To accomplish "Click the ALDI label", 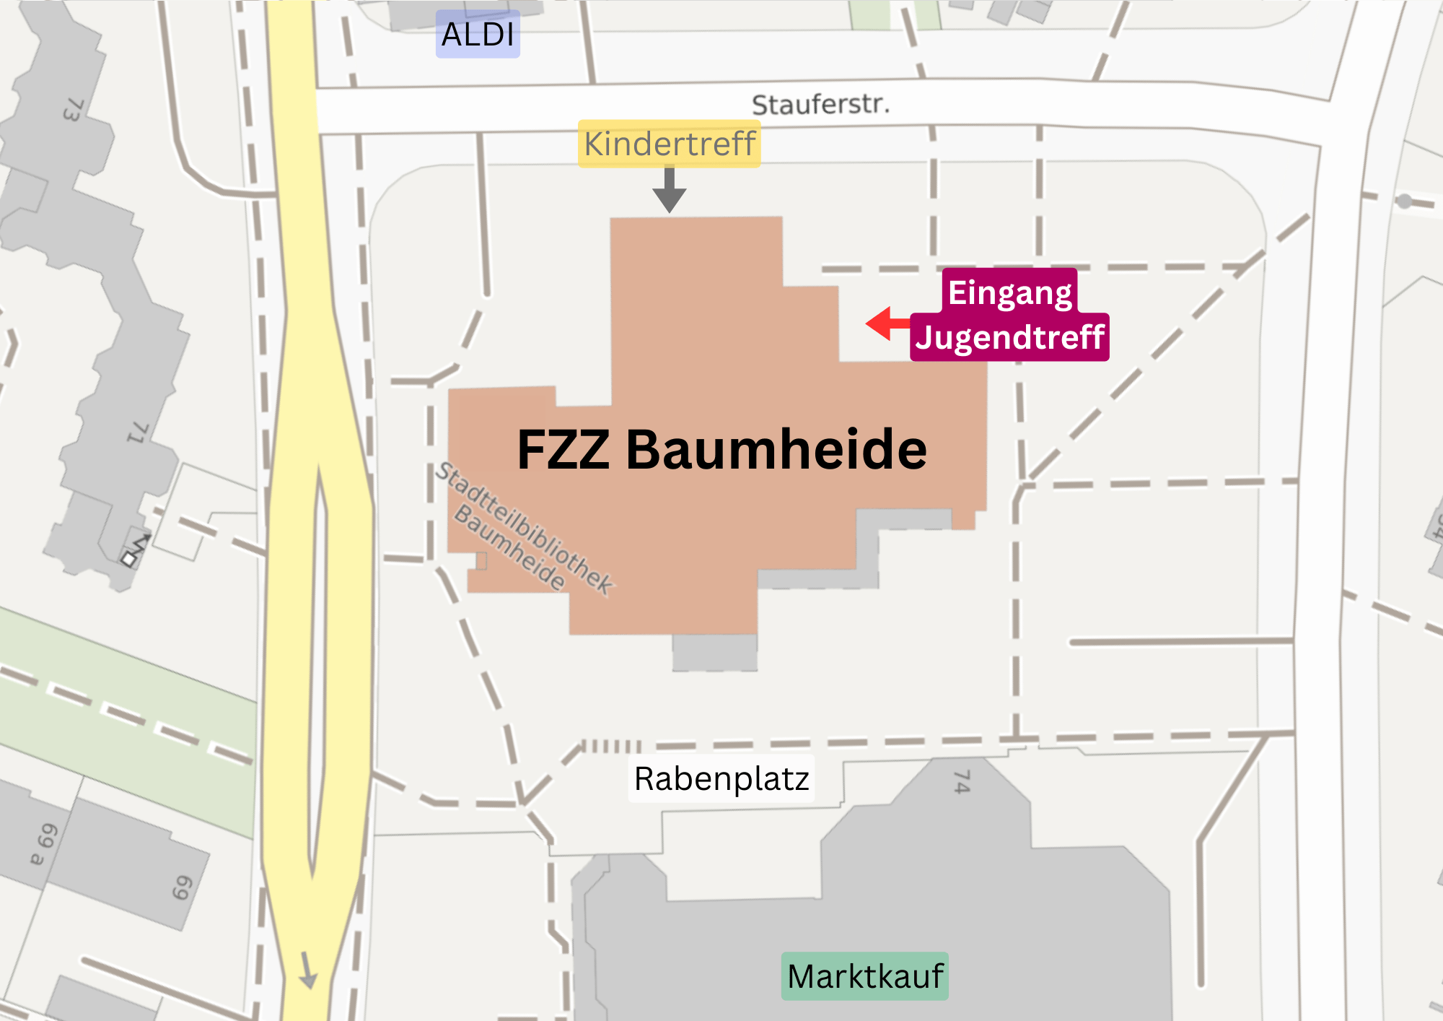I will tap(478, 34).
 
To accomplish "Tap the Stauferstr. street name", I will tap(820, 105).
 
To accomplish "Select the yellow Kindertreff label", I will tap(670, 144).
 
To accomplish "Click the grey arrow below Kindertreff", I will tap(670, 191).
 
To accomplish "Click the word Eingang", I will tap(1009, 292).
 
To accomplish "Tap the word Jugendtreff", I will tap(1009, 337).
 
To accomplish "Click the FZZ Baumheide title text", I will tap(721, 449).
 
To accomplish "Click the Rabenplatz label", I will tap(721, 778).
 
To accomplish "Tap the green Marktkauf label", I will tap(864, 976).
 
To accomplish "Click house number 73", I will tap(73, 110).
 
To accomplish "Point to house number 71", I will tap(138, 433).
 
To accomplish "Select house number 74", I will tap(962, 781).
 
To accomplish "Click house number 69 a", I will tap(43, 843).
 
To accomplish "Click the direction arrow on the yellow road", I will tap(308, 971).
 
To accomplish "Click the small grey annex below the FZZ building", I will tap(714, 652).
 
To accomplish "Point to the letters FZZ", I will tap(563, 449).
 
